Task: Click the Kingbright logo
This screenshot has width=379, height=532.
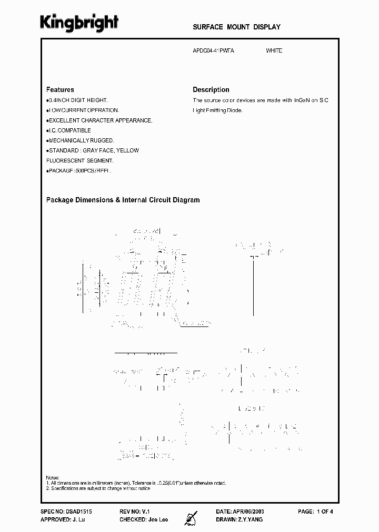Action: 79,23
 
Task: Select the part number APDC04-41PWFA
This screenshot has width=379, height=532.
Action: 213,51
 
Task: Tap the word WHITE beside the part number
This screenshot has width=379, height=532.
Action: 274,51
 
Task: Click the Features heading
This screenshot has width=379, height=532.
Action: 60,90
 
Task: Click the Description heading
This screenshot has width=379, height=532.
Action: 211,90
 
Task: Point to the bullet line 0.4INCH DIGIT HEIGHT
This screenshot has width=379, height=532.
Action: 78,100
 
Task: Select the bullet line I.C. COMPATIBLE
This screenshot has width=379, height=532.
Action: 69,130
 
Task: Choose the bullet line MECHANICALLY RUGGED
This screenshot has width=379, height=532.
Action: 81,140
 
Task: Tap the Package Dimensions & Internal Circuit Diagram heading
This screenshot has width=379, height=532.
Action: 123,200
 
